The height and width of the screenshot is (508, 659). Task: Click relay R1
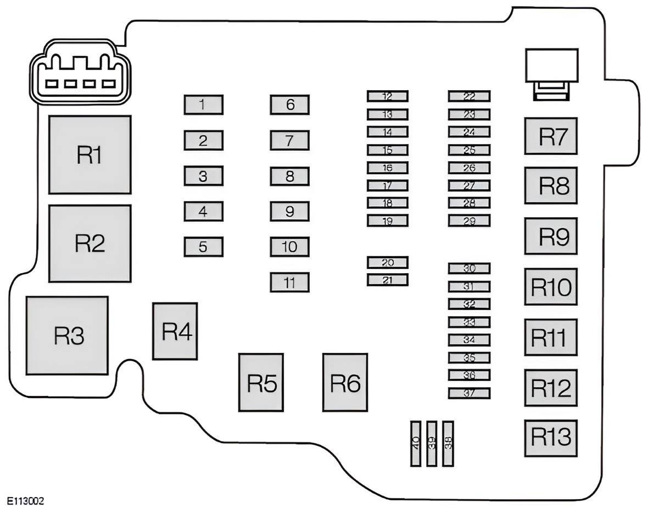pos(90,154)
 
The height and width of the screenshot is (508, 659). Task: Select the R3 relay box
pos(67,335)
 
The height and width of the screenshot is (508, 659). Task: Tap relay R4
pos(175,331)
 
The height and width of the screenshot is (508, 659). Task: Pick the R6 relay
pos(345,382)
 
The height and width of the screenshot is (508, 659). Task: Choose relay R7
pos(551,136)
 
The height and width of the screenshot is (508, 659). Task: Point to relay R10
pos(551,286)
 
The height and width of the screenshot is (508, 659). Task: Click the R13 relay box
pos(551,438)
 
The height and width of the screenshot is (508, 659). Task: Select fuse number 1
pos(204,104)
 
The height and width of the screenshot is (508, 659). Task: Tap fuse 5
pos(204,247)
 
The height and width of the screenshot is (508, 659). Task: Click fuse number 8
pos(289,176)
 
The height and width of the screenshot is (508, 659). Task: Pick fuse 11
pos(289,282)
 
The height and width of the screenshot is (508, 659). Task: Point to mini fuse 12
pos(388,96)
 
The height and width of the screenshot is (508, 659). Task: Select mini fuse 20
pos(388,262)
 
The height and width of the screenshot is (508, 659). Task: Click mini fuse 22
pos(469,96)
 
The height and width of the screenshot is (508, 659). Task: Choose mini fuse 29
pos(469,220)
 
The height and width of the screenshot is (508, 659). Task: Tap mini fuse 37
pos(469,393)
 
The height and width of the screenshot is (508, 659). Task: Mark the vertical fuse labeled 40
pos(416,443)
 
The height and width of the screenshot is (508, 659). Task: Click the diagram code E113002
pos(26,500)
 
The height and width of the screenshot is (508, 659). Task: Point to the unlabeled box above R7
pos(552,65)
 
